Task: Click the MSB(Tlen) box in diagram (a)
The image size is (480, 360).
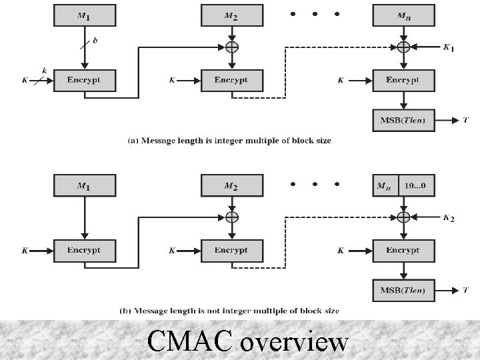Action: [403, 121]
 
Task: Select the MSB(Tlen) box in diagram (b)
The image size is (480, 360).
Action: [403, 290]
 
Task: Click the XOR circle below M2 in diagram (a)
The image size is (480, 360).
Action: [231, 47]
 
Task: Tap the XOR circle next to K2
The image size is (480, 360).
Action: [403, 217]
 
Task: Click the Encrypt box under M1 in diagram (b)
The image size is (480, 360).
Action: [85, 251]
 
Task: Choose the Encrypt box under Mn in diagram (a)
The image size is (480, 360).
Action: [403, 80]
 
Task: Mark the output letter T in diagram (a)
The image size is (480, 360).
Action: [465, 121]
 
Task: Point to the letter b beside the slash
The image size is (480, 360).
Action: [95, 40]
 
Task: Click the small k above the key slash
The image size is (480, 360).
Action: [44, 70]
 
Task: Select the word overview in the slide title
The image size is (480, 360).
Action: [294, 342]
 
